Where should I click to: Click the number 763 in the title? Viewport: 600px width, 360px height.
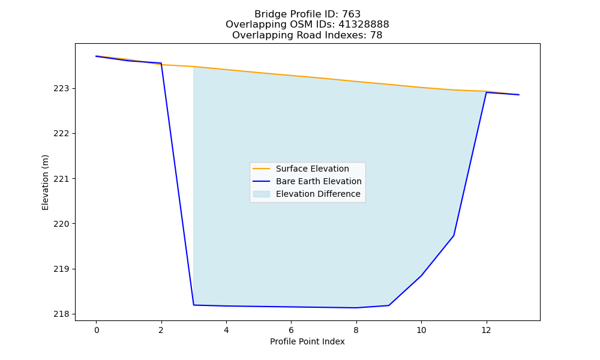(351, 14)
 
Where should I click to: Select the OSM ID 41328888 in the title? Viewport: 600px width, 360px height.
(364, 25)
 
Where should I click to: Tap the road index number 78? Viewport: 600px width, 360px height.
(376, 35)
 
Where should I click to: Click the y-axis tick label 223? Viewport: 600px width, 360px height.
(61, 88)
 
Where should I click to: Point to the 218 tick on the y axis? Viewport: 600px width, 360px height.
(61, 314)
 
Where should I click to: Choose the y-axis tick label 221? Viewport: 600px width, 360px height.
(61, 179)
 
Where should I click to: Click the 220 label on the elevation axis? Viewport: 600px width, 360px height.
(61, 224)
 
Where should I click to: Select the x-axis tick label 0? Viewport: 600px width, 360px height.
(97, 330)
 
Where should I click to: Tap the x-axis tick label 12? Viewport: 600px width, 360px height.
(487, 330)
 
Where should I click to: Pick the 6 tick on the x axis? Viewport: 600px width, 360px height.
(291, 330)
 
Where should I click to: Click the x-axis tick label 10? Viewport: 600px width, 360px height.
(421, 330)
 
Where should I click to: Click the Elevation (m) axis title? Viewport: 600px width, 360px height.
(45, 182)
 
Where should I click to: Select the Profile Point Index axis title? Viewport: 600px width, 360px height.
(307, 341)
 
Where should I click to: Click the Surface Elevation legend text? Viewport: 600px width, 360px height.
(312, 169)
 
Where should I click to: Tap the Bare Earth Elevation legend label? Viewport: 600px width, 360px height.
(319, 181)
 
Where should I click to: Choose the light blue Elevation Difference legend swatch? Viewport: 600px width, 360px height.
(262, 194)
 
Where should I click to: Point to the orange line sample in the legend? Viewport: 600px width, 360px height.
(262, 169)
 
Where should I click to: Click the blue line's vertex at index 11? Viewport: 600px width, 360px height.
(454, 235)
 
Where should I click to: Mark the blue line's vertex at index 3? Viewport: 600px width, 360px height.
(194, 305)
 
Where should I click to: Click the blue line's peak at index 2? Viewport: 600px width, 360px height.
(161, 63)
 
